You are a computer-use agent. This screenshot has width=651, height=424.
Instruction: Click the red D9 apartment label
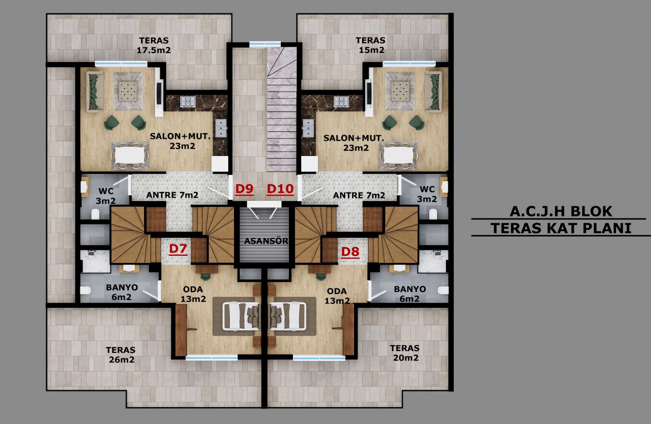(245, 189)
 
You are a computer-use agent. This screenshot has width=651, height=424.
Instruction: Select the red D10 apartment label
(280, 189)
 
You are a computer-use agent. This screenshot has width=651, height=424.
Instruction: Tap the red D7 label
(178, 249)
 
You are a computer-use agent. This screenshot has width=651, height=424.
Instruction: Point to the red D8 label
(350, 252)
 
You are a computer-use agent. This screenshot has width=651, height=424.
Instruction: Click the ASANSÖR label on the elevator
(266, 241)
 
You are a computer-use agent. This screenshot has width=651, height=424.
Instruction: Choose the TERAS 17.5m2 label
(154, 45)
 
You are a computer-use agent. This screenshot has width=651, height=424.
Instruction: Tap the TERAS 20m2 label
(405, 353)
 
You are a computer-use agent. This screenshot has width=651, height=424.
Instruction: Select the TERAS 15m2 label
(371, 45)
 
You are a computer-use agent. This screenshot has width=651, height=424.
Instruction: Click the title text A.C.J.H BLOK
(561, 211)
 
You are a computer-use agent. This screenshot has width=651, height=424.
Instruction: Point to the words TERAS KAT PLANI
(561, 228)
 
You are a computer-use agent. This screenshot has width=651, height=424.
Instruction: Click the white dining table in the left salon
(130, 156)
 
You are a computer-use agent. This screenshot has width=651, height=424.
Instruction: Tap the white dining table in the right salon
(398, 156)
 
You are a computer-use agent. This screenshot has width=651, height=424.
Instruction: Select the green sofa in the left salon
(94, 91)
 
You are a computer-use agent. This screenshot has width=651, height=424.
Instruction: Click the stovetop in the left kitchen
(188, 101)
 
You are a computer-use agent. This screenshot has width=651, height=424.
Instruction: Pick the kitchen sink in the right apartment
(308, 128)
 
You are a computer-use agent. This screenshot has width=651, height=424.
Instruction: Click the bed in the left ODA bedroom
(241, 316)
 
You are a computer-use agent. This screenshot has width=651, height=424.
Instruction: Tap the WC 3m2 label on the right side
(427, 194)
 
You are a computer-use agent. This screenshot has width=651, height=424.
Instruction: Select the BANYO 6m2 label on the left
(122, 292)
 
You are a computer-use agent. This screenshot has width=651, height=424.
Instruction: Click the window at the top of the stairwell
(265, 44)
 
